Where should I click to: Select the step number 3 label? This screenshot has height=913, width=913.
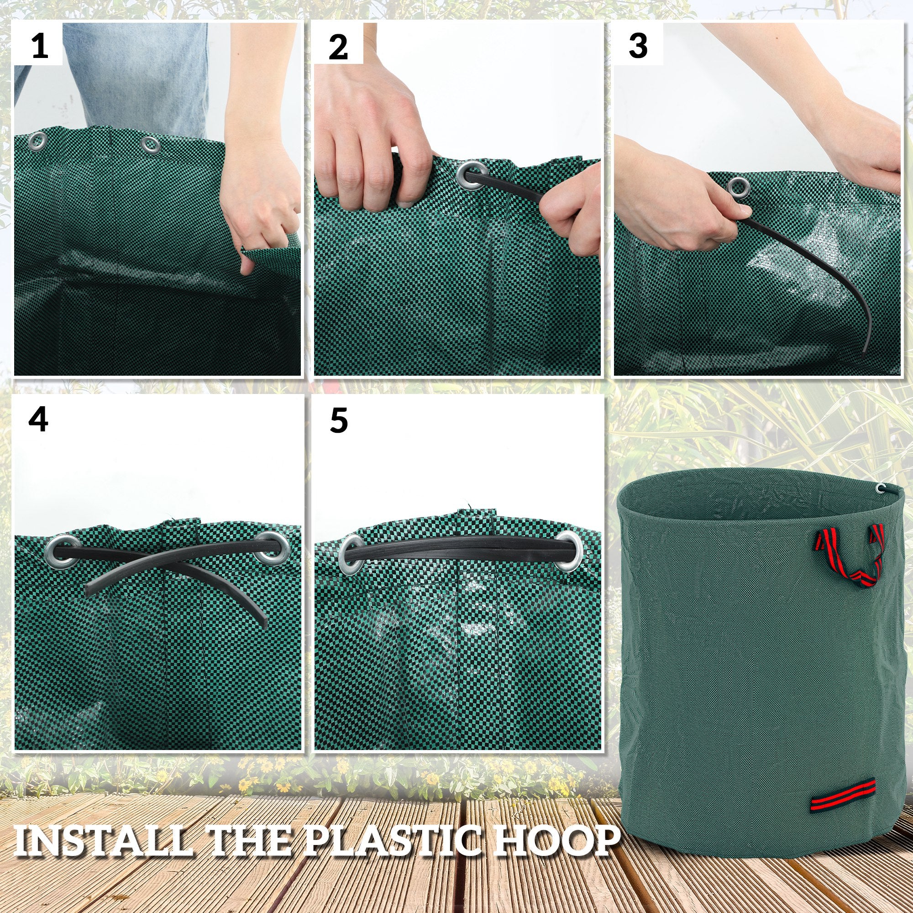point(638,46)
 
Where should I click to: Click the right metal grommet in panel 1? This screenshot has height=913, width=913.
point(151,143)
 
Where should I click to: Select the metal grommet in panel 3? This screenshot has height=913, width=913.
point(736,186)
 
